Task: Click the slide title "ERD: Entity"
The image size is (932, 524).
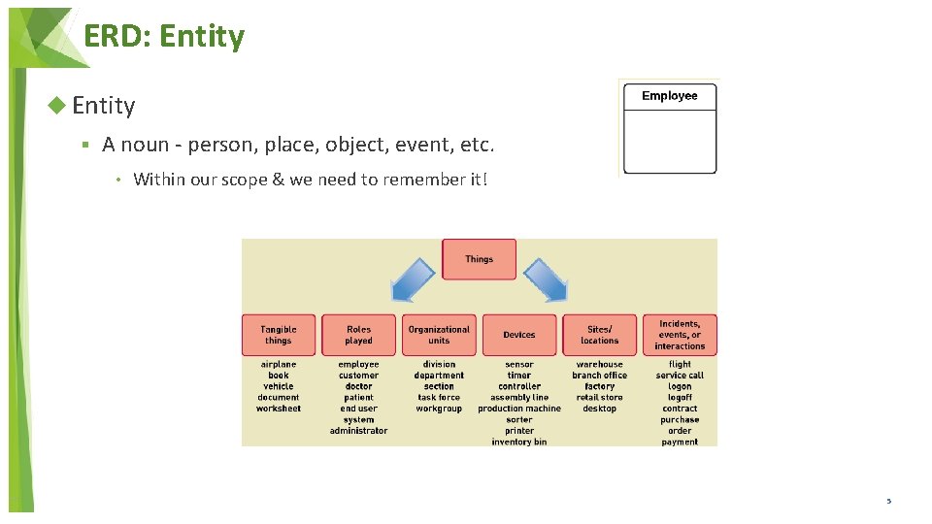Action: tap(164, 37)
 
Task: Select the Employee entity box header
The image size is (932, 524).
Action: tap(670, 96)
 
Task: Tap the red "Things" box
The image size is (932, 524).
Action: tap(479, 259)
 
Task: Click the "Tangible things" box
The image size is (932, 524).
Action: tap(279, 335)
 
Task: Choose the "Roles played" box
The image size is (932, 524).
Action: tap(359, 335)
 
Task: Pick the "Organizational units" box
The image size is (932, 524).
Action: tap(439, 335)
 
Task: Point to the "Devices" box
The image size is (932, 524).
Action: tap(519, 335)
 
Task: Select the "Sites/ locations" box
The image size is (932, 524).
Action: tap(600, 335)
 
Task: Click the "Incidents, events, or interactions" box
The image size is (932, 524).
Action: tap(680, 335)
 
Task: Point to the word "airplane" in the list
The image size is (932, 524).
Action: tap(279, 365)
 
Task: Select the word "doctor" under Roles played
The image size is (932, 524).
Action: tap(359, 386)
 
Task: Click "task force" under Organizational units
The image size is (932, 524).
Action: tap(439, 398)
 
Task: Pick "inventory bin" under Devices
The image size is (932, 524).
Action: tap(519, 442)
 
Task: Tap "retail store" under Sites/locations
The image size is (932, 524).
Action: tap(600, 398)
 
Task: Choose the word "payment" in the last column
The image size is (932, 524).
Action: tap(680, 442)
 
